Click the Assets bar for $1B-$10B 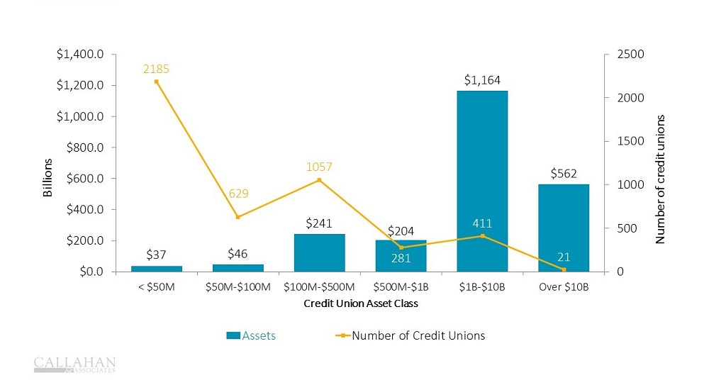[482, 181]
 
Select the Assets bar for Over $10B [564, 227]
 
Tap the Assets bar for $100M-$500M [319, 252]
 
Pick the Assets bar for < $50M [156, 269]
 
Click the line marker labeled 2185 [156, 82]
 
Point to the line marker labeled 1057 [319, 180]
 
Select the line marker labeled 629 [238, 217]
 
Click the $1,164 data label [482, 80]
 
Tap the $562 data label [564, 174]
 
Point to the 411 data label [482, 224]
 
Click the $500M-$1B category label [401, 288]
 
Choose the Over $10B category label [564, 288]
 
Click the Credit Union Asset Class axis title [360, 304]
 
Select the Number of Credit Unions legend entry [411, 335]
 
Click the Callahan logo [74, 364]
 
